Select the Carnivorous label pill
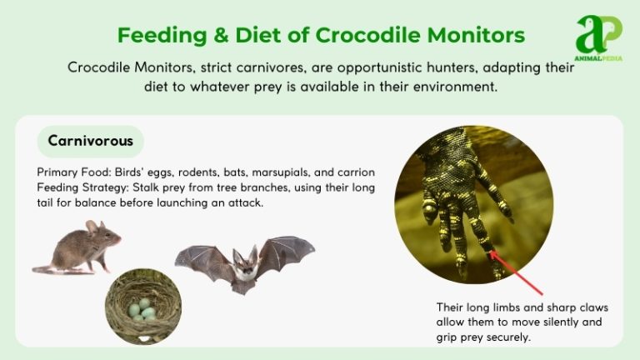click(x=90, y=141)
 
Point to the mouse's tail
click(x=47, y=268)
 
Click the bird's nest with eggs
click(x=142, y=307)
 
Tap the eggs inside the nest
click(x=142, y=312)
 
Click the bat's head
click(x=244, y=260)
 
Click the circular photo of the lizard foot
click(x=473, y=204)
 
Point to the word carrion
click(x=356, y=172)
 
